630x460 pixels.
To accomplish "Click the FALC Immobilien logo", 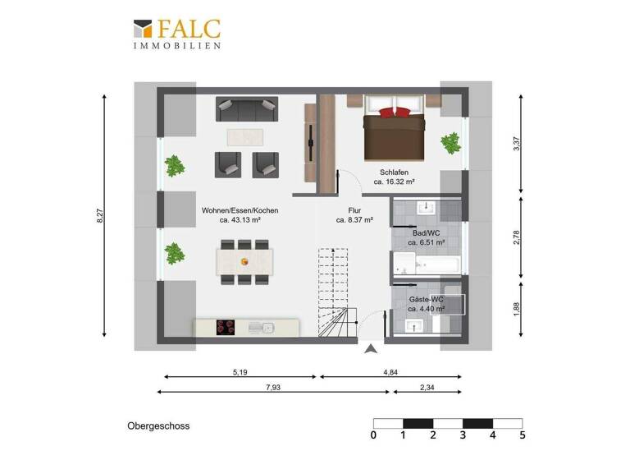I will pos(176,34).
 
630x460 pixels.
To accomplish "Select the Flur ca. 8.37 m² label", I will pos(354,215).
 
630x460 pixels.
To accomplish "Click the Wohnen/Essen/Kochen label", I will pos(240,215).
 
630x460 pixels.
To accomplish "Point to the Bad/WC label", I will pos(426,237).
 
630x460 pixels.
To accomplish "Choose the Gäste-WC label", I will pos(427,304).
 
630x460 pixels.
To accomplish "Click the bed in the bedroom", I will pos(395,131).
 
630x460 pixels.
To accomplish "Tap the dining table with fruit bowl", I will pos(244,261).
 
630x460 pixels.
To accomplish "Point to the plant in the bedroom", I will pos(450,144).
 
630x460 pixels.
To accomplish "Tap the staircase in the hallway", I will pos(335,296).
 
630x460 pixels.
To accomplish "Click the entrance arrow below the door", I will pos(372,349).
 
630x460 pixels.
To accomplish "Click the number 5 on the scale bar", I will pos(522,435).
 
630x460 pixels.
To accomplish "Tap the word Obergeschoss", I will pos(158,426).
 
